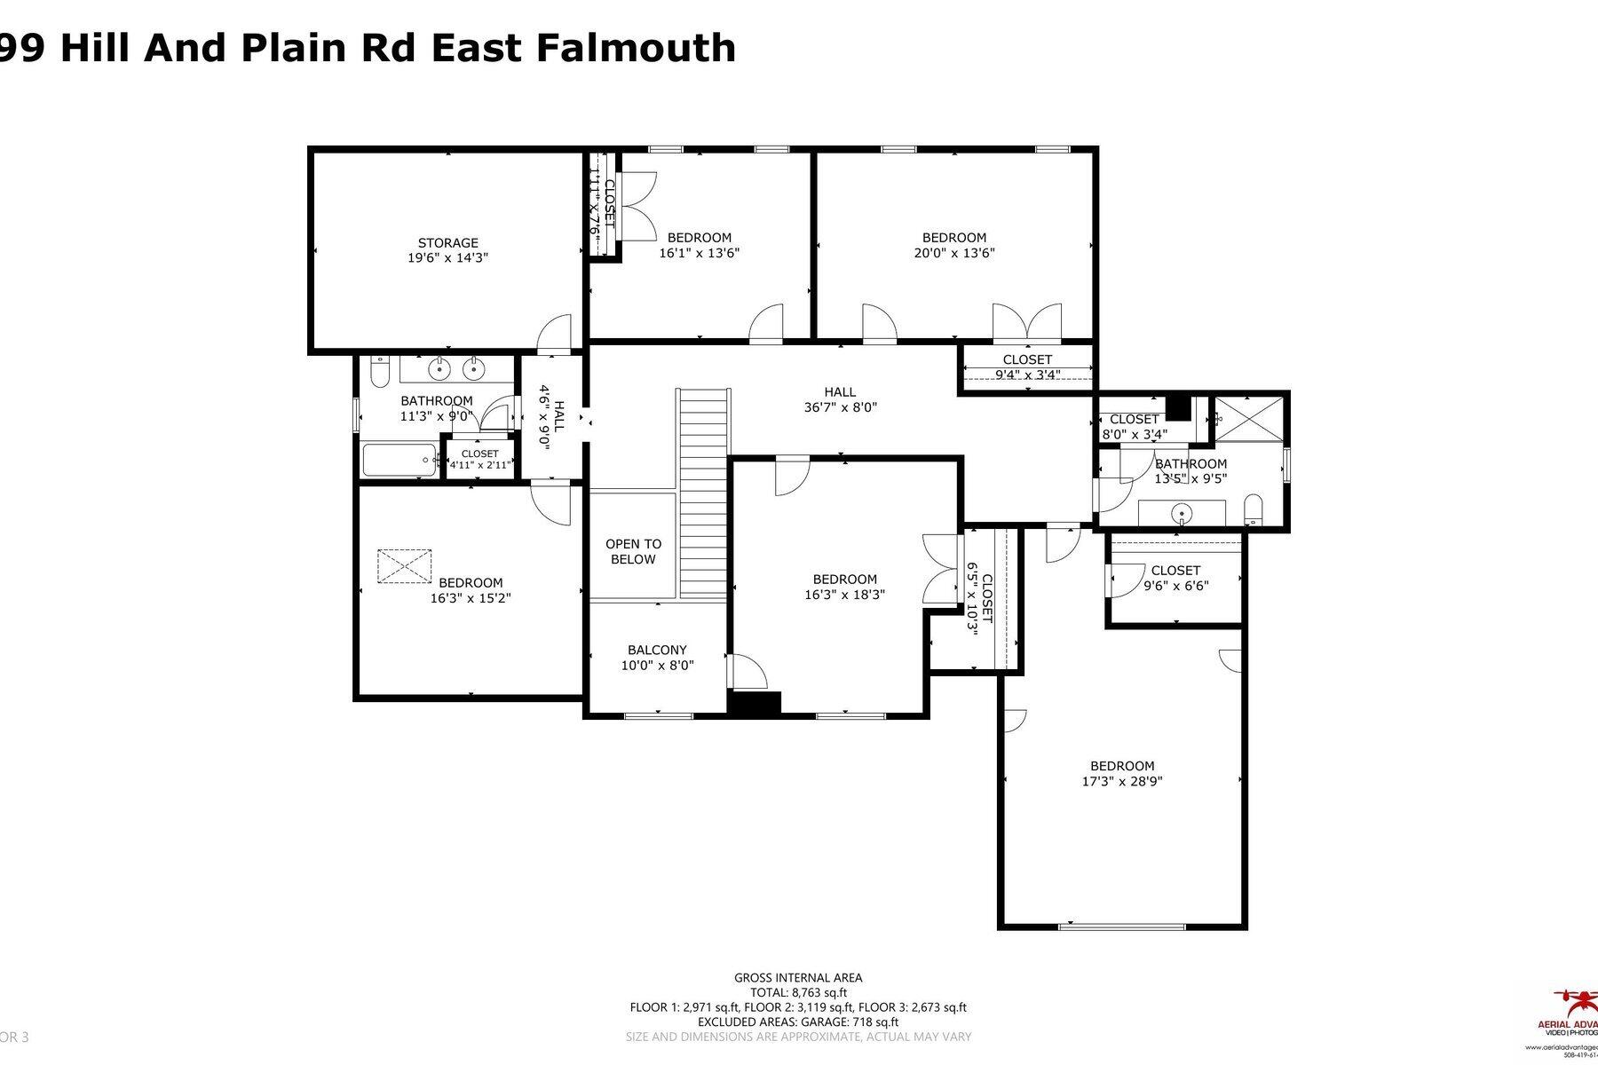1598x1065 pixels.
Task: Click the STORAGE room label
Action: coord(448,243)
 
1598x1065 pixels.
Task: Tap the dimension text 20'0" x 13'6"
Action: coord(954,253)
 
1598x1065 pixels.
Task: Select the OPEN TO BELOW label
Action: coord(633,551)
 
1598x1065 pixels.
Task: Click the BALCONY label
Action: coord(657,650)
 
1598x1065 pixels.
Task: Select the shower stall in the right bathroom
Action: coord(1248,418)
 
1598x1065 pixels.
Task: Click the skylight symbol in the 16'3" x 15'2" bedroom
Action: coord(406,565)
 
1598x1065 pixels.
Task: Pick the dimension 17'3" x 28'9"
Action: coord(1122,782)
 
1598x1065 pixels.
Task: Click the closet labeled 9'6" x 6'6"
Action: coord(1175,578)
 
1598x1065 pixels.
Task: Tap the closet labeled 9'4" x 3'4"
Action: coord(1027,367)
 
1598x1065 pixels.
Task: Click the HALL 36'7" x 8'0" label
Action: coord(840,399)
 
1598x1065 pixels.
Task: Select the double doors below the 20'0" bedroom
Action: coord(1027,323)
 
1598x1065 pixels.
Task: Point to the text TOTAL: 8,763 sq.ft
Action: coord(797,992)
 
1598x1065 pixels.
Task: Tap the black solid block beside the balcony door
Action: coord(753,702)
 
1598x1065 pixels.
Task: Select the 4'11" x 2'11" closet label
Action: coord(479,459)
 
